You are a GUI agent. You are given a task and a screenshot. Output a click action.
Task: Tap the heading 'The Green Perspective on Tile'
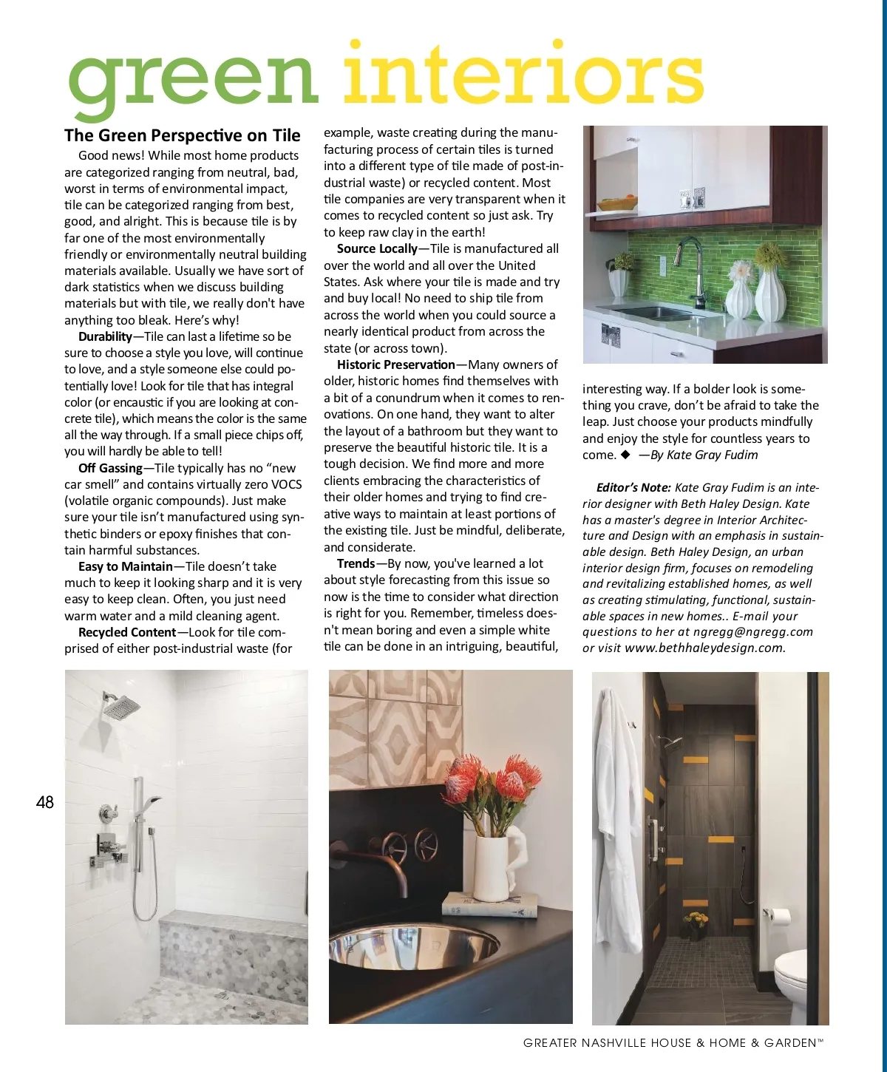coord(183,135)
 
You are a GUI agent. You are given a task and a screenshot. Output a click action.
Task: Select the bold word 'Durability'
coord(105,336)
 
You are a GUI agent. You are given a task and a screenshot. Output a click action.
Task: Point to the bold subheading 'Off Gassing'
coord(110,468)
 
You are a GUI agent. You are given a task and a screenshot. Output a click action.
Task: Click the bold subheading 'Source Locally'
coord(377,248)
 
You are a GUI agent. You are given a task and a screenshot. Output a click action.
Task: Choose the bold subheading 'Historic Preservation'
coord(396,364)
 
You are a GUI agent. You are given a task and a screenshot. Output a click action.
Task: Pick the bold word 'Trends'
coord(356,563)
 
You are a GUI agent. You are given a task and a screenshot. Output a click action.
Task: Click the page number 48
coord(45,802)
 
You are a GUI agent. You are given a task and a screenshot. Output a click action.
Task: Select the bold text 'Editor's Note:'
coord(633,487)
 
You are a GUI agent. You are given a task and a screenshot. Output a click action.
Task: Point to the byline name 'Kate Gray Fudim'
coord(713,455)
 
